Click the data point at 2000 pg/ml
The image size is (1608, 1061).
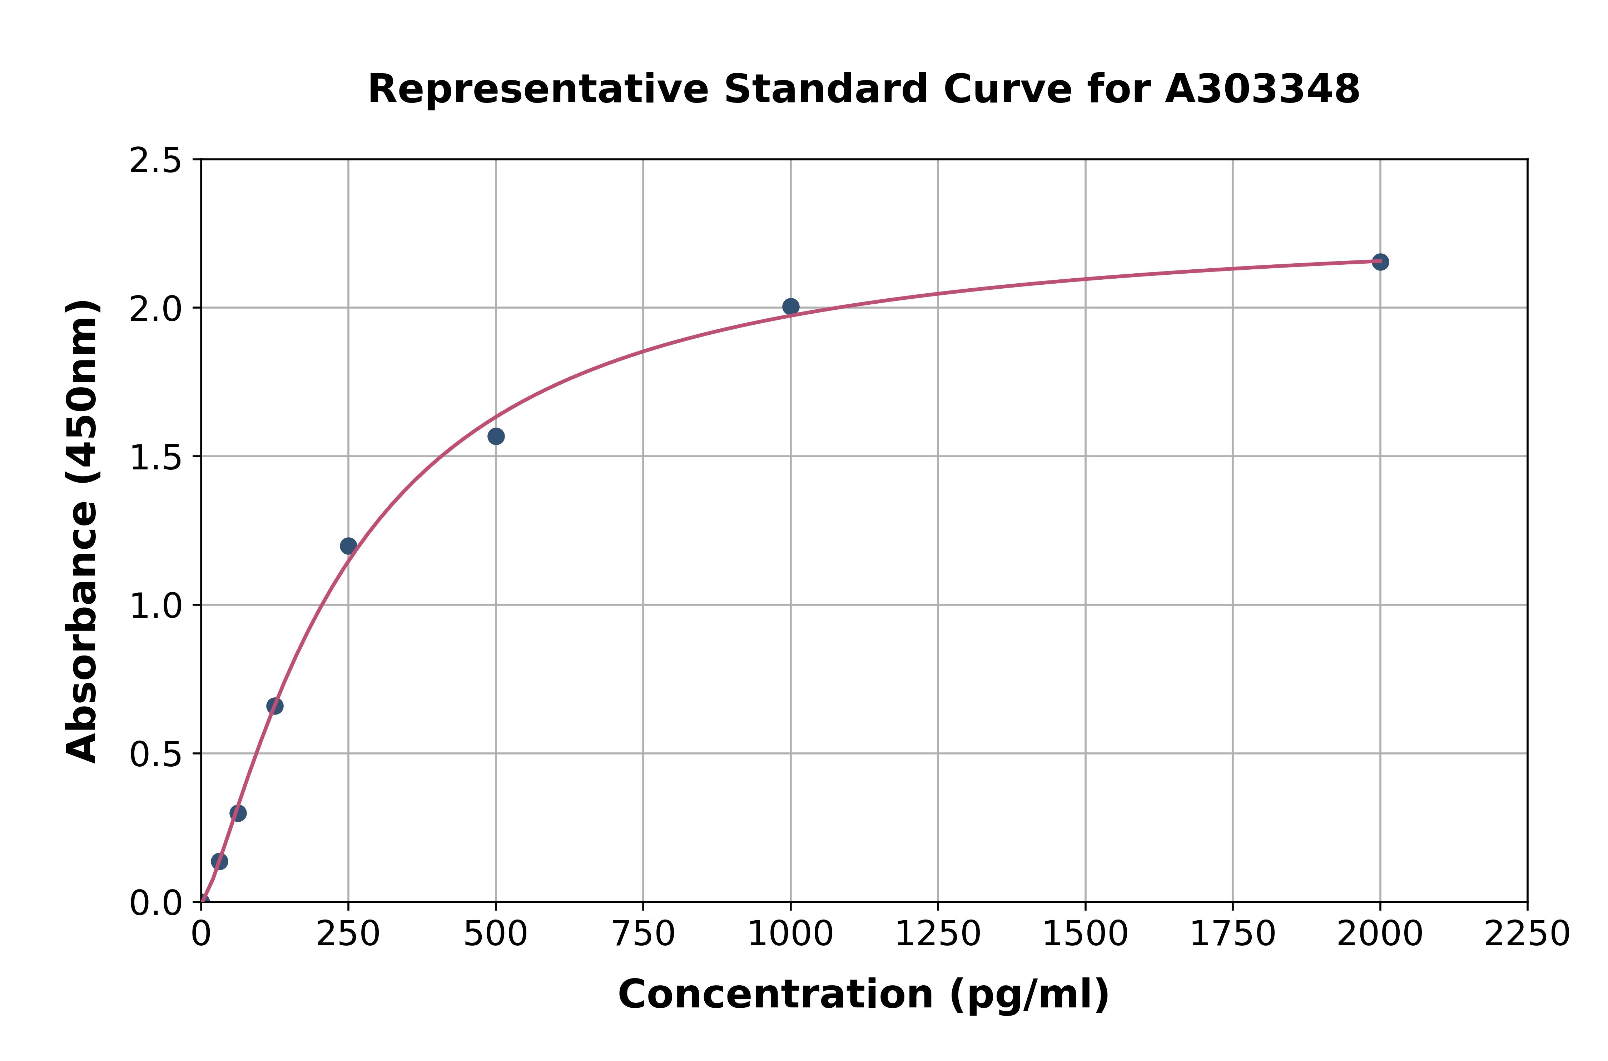pyautogui.click(x=1380, y=262)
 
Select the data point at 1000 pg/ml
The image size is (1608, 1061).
pyautogui.click(x=790, y=307)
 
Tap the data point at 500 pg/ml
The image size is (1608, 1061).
pyautogui.click(x=496, y=437)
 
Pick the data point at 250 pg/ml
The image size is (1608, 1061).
pyautogui.click(x=348, y=546)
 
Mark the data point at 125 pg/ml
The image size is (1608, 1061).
pyautogui.click(x=275, y=706)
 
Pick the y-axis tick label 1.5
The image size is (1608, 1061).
pyautogui.click(x=156, y=457)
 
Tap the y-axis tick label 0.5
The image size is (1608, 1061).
pyautogui.click(x=156, y=754)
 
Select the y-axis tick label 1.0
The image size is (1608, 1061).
pyautogui.click(x=156, y=606)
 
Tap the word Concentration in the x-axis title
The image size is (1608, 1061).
pyautogui.click(x=775, y=995)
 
